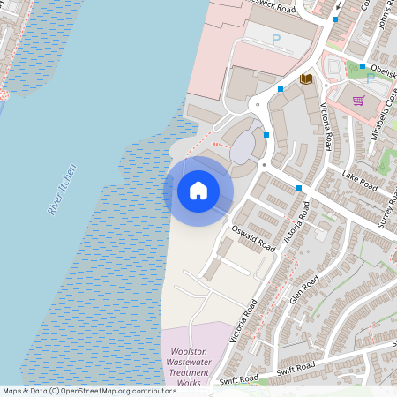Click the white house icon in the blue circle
[198, 191]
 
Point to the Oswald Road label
[254, 237]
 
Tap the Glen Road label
[304, 290]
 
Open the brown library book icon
[305, 79]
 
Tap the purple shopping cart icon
[358, 101]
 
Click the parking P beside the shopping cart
[370, 78]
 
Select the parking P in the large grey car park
[276, 39]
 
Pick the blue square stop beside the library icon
[281, 89]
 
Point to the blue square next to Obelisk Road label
[363, 66]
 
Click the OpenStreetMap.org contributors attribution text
[117, 391]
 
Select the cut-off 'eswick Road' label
[268, 6]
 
